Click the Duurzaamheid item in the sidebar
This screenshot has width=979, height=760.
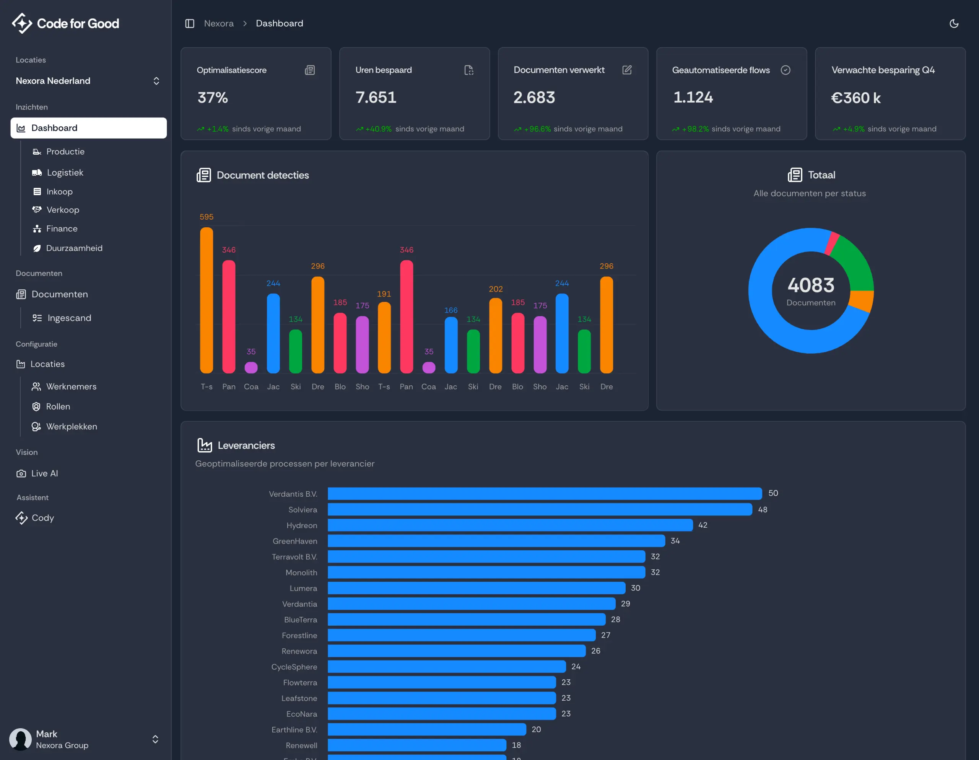click(x=74, y=248)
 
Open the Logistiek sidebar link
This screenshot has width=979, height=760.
click(x=65, y=173)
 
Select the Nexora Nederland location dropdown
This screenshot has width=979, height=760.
click(x=88, y=81)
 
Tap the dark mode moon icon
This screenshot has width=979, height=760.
click(x=953, y=23)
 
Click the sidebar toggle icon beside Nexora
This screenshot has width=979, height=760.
click(x=190, y=23)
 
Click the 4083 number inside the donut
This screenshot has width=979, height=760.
click(x=811, y=285)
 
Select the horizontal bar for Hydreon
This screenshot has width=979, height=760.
click(x=510, y=525)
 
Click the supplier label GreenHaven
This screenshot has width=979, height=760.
click(x=294, y=541)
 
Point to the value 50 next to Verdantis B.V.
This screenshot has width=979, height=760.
click(x=773, y=493)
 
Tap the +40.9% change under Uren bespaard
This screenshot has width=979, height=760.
click(x=378, y=129)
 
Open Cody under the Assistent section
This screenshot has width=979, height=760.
click(x=42, y=518)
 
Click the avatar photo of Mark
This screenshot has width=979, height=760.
click(x=21, y=739)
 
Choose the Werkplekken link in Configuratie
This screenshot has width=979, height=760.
click(x=71, y=427)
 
